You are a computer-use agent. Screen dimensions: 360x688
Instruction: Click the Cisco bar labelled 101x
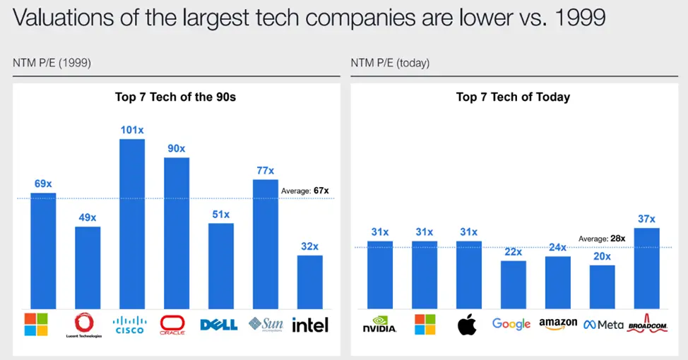[132, 222]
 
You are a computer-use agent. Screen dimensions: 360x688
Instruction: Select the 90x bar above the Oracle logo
[177, 232]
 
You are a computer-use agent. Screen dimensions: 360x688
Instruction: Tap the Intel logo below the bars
[309, 325]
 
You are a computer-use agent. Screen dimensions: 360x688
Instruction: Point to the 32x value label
[309, 246]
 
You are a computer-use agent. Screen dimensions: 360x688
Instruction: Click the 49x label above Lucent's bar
[88, 217]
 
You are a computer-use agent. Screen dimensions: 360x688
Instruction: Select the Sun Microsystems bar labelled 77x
[266, 244]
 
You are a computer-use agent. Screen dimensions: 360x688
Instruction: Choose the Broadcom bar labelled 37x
[646, 268]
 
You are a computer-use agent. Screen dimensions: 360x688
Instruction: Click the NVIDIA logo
[380, 325]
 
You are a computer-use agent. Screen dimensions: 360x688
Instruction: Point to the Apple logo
[468, 325]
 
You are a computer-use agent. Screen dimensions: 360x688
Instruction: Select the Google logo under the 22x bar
[511, 324]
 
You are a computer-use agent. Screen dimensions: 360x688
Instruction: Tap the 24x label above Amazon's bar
[558, 247]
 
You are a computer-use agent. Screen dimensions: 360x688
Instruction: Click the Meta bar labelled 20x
[602, 287]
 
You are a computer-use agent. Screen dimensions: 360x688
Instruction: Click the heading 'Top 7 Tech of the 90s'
[175, 97]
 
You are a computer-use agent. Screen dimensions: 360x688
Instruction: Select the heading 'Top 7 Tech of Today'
[513, 97]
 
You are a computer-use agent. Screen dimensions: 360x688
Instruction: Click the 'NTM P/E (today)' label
[390, 64]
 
